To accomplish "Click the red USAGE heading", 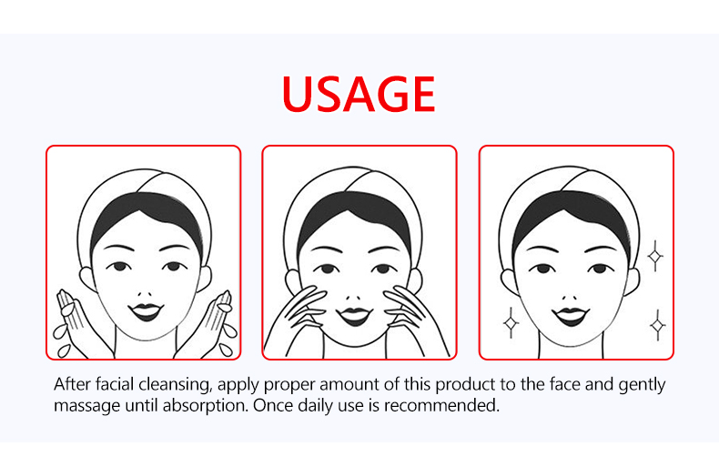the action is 359,94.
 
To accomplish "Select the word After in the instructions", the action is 73,384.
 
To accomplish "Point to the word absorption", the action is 206,406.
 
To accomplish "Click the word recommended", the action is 441,405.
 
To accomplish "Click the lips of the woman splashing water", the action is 146,311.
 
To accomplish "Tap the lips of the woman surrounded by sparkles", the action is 570,316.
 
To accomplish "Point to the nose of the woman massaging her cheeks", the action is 353,297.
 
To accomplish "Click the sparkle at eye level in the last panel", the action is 655,256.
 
